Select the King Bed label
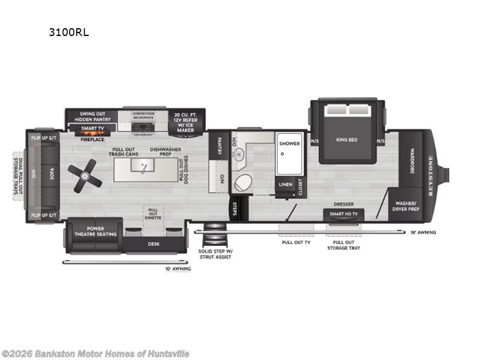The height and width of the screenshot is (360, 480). click(346, 140)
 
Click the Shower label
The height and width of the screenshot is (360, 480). click(289, 143)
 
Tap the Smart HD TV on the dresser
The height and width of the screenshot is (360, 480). click(344, 214)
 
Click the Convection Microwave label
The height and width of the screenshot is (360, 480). click(143, 116)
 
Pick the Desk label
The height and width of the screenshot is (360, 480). click(154, 244)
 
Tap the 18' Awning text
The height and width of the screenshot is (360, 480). click(424, 232)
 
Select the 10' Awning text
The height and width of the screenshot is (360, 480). click(178, 268)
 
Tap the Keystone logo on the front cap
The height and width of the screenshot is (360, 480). click(430, 163)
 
